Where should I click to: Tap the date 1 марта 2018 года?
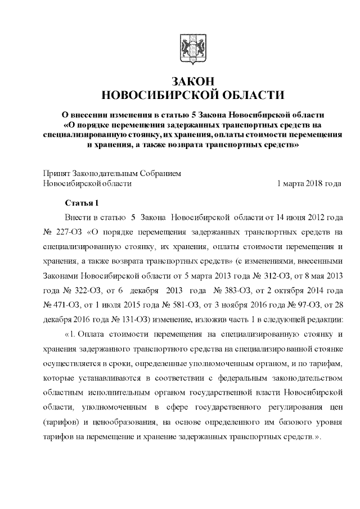pyautogui.click(x=310, y=183)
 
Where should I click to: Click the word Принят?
pyautogui.click(x=57, y=173)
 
